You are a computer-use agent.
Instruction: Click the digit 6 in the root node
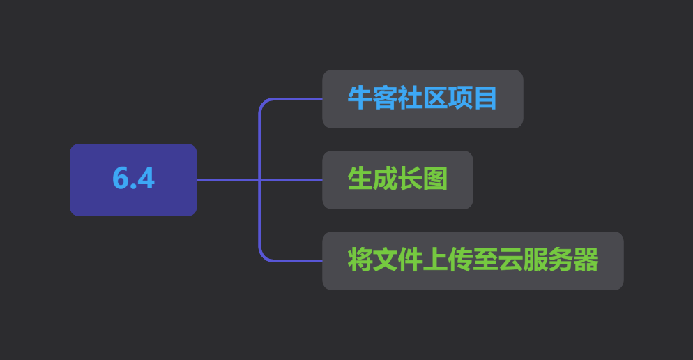click(x=120, y=178)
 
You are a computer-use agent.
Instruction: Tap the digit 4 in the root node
click(x=146, y=178)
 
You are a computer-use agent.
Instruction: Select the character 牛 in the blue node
click(x=360, y=98)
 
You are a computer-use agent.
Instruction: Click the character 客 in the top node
click(x=385, y=98)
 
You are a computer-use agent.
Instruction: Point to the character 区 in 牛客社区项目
click(x=435, y=98)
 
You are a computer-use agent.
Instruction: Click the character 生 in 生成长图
click(x=360, y=179)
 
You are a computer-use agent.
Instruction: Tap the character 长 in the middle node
click(x=410, y=179)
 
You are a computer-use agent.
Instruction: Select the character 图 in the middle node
click(x=435, y=179)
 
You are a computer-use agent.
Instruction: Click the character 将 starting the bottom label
click(x=360, y=260)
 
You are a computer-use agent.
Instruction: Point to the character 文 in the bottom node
click(x=385, y=260)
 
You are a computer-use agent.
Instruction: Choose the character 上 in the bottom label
click(x=435, y=260)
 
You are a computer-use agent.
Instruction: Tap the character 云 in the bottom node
click(x=511, y=260)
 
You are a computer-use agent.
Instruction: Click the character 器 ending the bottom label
click(x=586, y=260)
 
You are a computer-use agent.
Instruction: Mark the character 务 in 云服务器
click(x=561, y=260)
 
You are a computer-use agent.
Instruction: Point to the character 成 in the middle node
click(x=385, y=179)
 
